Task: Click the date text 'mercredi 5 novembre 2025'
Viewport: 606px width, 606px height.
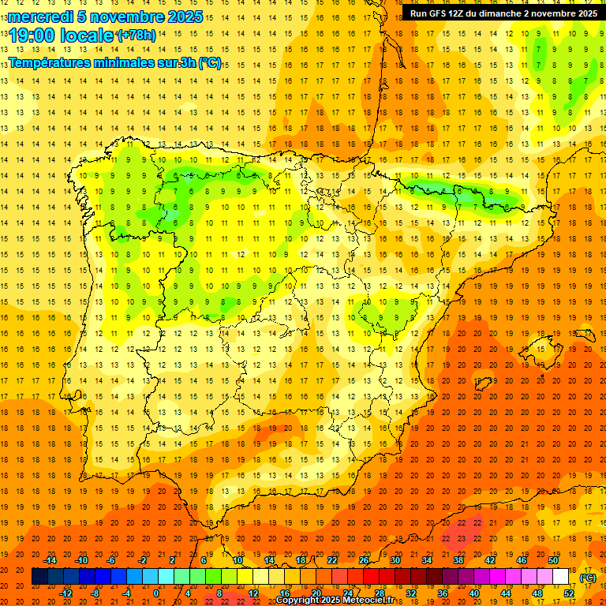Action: click(x=106, y=17)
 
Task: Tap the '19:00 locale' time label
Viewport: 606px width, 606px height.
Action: click(x=61, y=36)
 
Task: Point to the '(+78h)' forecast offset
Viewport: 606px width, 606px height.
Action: click(x=137, y=36)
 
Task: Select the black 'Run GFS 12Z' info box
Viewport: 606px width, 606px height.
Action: click(x=503, y=13)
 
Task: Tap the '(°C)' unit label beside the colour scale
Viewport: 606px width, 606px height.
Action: click(x=588, y=578)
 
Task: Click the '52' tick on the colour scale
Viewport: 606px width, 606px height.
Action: click(x=569, y=593)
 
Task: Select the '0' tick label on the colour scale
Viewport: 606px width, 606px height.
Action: click(x=157, y=593)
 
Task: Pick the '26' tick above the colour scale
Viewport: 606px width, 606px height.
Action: click(x=364, y=560)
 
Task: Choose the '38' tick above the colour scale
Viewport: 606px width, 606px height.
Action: click(x=458, y=560)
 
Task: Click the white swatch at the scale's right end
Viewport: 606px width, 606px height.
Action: click(x=561, y=577)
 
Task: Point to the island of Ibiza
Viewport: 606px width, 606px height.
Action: click(x=482, y=384)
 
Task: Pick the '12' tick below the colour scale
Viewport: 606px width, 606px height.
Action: click(x=253, y=593)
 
